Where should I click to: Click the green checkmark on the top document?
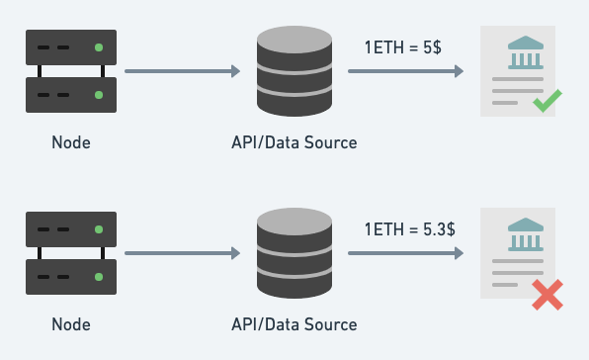pyautogui.click(x=547, y=101)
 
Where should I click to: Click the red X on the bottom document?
pyautogui.click(x=547, y=295)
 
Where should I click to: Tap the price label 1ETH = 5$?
pyautogui.click(x=403, y=47)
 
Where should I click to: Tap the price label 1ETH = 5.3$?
pyautogui.click(x=410, y=229)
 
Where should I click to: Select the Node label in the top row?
pyautogui.click(x=71, y=142)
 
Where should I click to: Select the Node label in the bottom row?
pyautogui.click(x=71, y=324)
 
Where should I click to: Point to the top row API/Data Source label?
pyautogui.click(x=294, y=142)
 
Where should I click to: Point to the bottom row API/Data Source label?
pyautogui.click(x=294, y=324)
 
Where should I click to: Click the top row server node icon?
pyautogui.click(x=71, y=71)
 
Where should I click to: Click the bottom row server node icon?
pyautogui.click(x=71, y=253)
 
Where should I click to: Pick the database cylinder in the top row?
pyautogui.click(x=294, y=71)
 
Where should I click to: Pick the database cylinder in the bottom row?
pyautogui.click(x=294, y=253)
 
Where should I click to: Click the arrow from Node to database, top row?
pyautogui.click(x=183, y=71)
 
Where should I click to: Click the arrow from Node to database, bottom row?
pyautogui.click(x=183, y=253)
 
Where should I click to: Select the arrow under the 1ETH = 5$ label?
pyautogui.click(x=406, y=71)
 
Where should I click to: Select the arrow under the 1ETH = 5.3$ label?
pyautogui.click(x=406, y=253)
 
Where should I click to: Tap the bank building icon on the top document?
pyautogui.click(x=526, y=52)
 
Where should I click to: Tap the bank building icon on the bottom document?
pyautogui.click(x=526, y=234)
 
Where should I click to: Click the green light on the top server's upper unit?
pyautogui.click(x=99, y=47)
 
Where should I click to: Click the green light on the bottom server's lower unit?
pyautogui.click(x=99, y=277)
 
